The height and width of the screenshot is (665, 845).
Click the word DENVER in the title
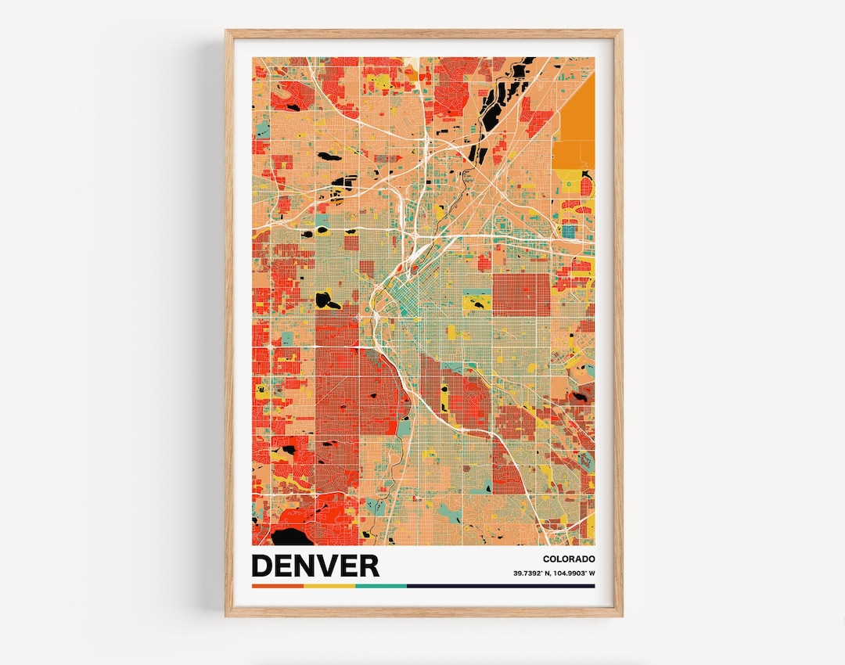click(315, 565)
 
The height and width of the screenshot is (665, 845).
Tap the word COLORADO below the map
click(568, 559)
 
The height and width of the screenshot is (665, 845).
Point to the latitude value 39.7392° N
click(530, 574)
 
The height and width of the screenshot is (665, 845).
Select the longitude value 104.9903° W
click(573, 574)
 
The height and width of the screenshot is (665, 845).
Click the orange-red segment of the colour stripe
click(277, 585)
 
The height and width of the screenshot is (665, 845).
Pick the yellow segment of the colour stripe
click(329, 585)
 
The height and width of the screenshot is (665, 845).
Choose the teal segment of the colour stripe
click(380, 585)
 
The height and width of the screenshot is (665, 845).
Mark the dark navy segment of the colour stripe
click(501, 585)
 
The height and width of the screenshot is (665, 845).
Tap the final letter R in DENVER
click(369, 565)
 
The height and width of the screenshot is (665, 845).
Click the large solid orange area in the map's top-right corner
click(576, 117)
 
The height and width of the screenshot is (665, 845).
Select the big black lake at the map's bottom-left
click(289, 537)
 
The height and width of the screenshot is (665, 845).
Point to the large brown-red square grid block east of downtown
click(520, 294)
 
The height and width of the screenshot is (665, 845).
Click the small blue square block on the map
click(568, 231)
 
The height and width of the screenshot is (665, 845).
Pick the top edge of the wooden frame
click(423, 33)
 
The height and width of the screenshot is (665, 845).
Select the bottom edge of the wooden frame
click(423, 613)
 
